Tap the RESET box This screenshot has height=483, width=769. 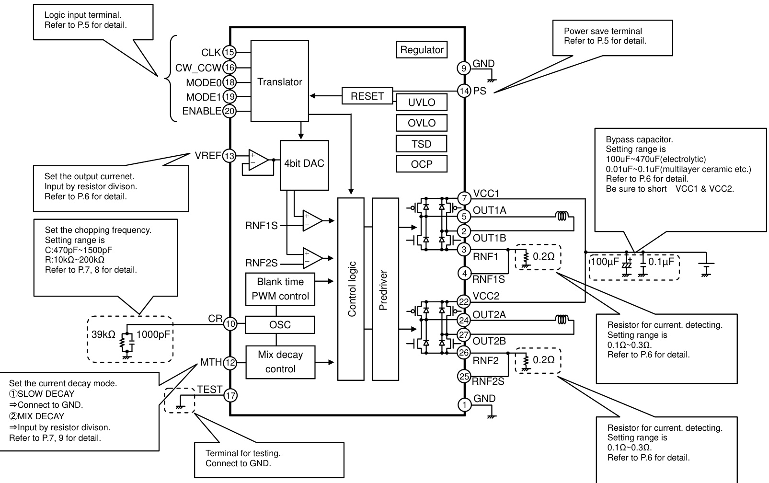(x=367, y=96)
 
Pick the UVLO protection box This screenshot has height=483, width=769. (x=422, y=103)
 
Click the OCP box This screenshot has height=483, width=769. (x=422, y=164)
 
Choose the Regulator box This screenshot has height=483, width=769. (x=422, y=50)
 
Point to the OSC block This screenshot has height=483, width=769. (x=280, y=325)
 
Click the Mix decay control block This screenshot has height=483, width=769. (x=280, y=362)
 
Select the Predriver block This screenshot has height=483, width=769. (x=385, y=289)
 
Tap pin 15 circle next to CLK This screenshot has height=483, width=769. (x=230, y=52)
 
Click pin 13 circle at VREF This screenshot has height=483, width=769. (x=230, y=156)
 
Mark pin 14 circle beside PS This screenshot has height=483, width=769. (x=464, y=91)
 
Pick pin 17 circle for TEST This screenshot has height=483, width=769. (x=230, y=396)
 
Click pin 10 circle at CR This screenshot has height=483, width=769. (x=230, y=324)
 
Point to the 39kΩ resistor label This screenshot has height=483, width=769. (x=103, y=334)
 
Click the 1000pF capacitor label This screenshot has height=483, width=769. (x=153, y=334)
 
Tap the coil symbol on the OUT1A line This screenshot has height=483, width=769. (x=562, y=217)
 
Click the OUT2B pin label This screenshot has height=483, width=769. (x=489, y=341)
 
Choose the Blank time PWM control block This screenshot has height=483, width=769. (x=280, y=289)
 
